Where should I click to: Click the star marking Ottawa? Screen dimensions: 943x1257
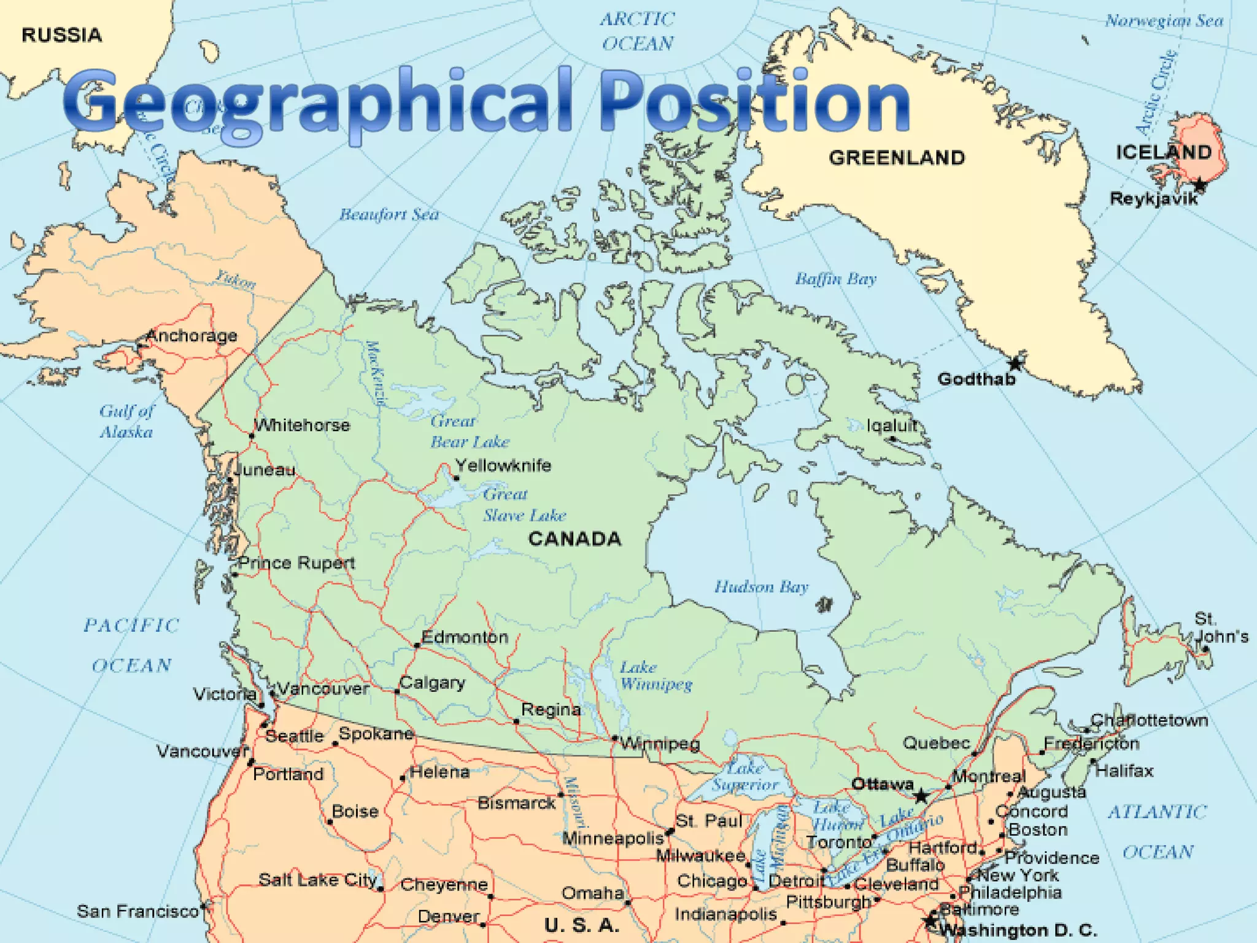pos(921,797)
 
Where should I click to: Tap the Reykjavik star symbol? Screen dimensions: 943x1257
pos(1199,185)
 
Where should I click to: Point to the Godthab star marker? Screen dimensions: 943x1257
pos(1016,363)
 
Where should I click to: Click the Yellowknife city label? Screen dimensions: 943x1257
pos(503,465)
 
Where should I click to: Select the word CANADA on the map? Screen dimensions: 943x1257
pos(574,539)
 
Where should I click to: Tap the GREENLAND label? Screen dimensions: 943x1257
pos(897,158)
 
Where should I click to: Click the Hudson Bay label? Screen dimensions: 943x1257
pos(761,587)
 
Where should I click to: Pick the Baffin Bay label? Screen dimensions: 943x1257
pos(836,279)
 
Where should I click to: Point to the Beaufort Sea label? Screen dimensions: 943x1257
pos(389,214)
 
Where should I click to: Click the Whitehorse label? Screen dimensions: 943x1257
pos(302,425)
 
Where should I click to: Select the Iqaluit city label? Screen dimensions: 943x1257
pos(892,425)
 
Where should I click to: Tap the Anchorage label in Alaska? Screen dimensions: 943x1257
pos(191,335)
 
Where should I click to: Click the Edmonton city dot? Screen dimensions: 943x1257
pos(417,645)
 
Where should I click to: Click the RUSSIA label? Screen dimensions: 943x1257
pos(61,35)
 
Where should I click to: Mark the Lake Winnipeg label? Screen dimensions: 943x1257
pos(656,675)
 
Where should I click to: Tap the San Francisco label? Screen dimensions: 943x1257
pos(137,911)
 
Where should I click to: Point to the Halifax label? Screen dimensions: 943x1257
pos(1124,770)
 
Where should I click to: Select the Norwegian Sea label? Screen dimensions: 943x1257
pos(1164,21)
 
